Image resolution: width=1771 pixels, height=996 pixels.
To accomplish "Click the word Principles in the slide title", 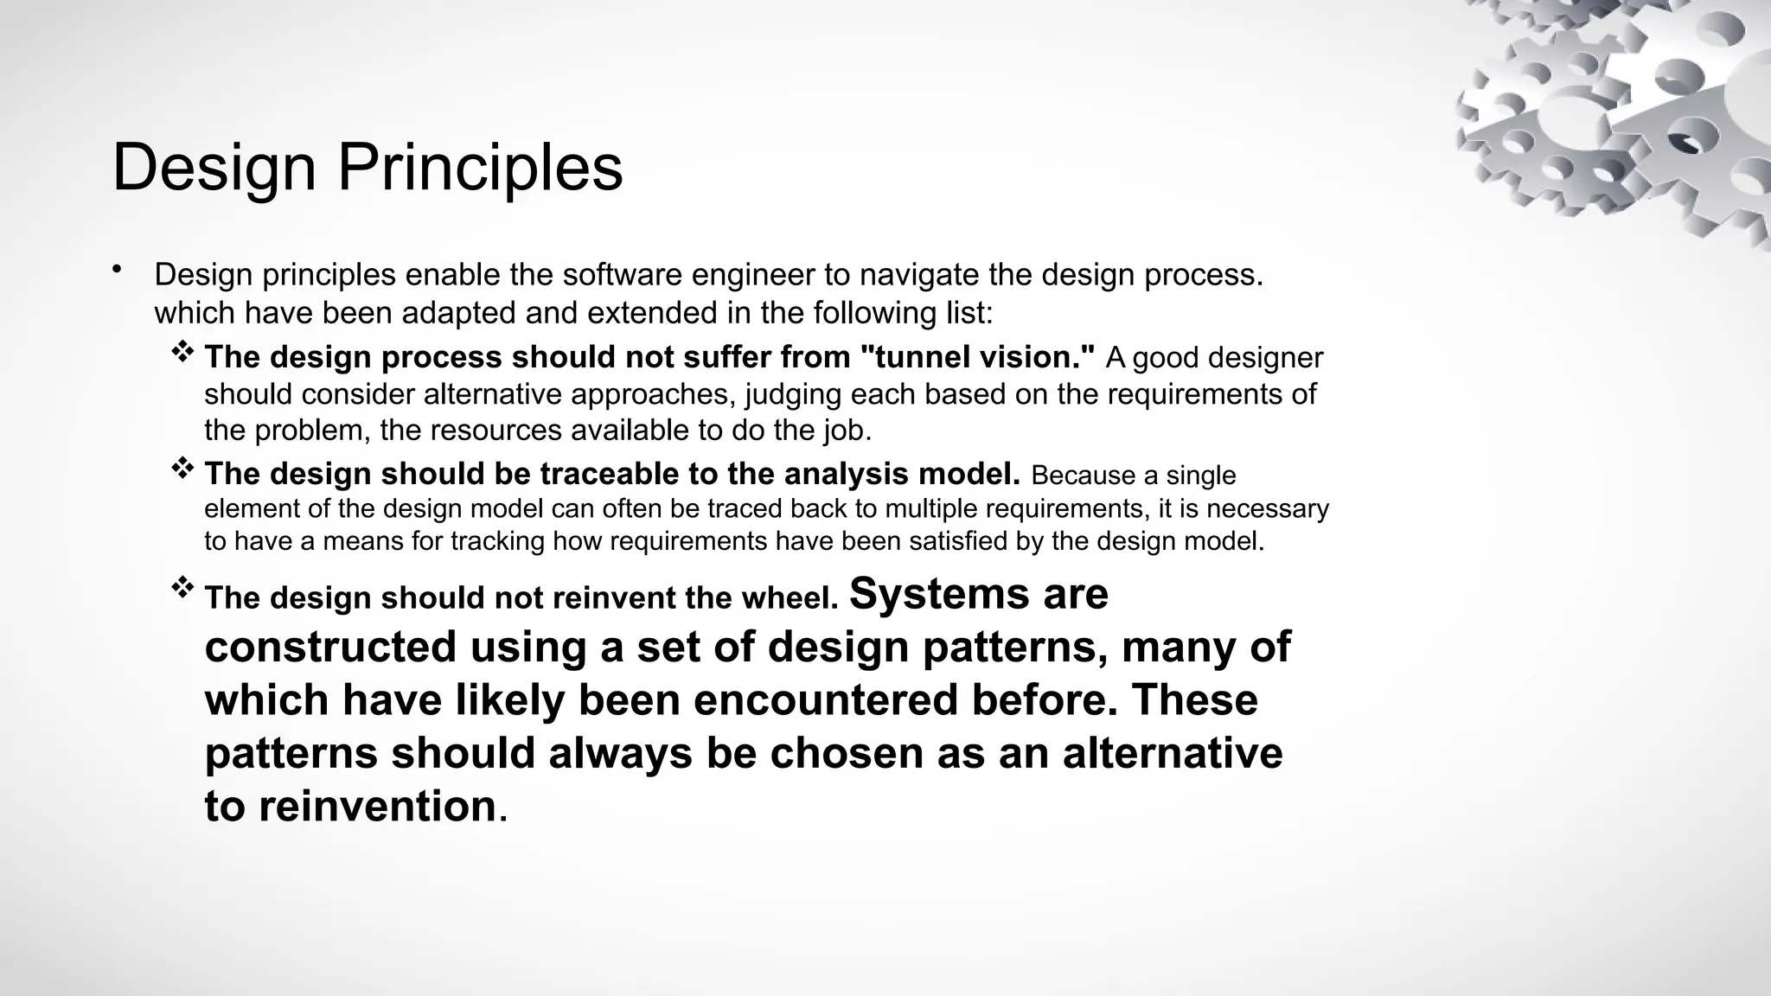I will pyautogui.click(x=480, y=168).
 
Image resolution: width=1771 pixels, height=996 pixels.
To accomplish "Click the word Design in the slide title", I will pyautogui.click(x=214, y=168).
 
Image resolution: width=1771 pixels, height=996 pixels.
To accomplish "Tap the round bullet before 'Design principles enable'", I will pyautogui.click(x=117, y=270).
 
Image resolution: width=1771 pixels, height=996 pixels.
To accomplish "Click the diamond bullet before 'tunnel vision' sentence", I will pyautogui.click(x=182, y=351).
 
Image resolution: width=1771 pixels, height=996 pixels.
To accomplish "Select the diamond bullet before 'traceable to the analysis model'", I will pyautogui.click(x=182, y=469).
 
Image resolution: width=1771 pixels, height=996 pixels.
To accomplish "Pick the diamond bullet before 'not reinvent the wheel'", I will pyautogui.click(x=182, y=588).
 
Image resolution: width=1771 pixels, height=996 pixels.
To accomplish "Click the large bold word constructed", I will pyautogui.click(x=330, y=648).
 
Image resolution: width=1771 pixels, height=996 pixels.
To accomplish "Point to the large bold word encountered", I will pyautogui.click(x=825, y=700).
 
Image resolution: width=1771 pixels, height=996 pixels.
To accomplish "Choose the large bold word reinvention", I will pyautogui.click(x=377, y=807).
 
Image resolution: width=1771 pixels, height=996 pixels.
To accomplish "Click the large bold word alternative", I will pyautogui.click(x=1173, y=753).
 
